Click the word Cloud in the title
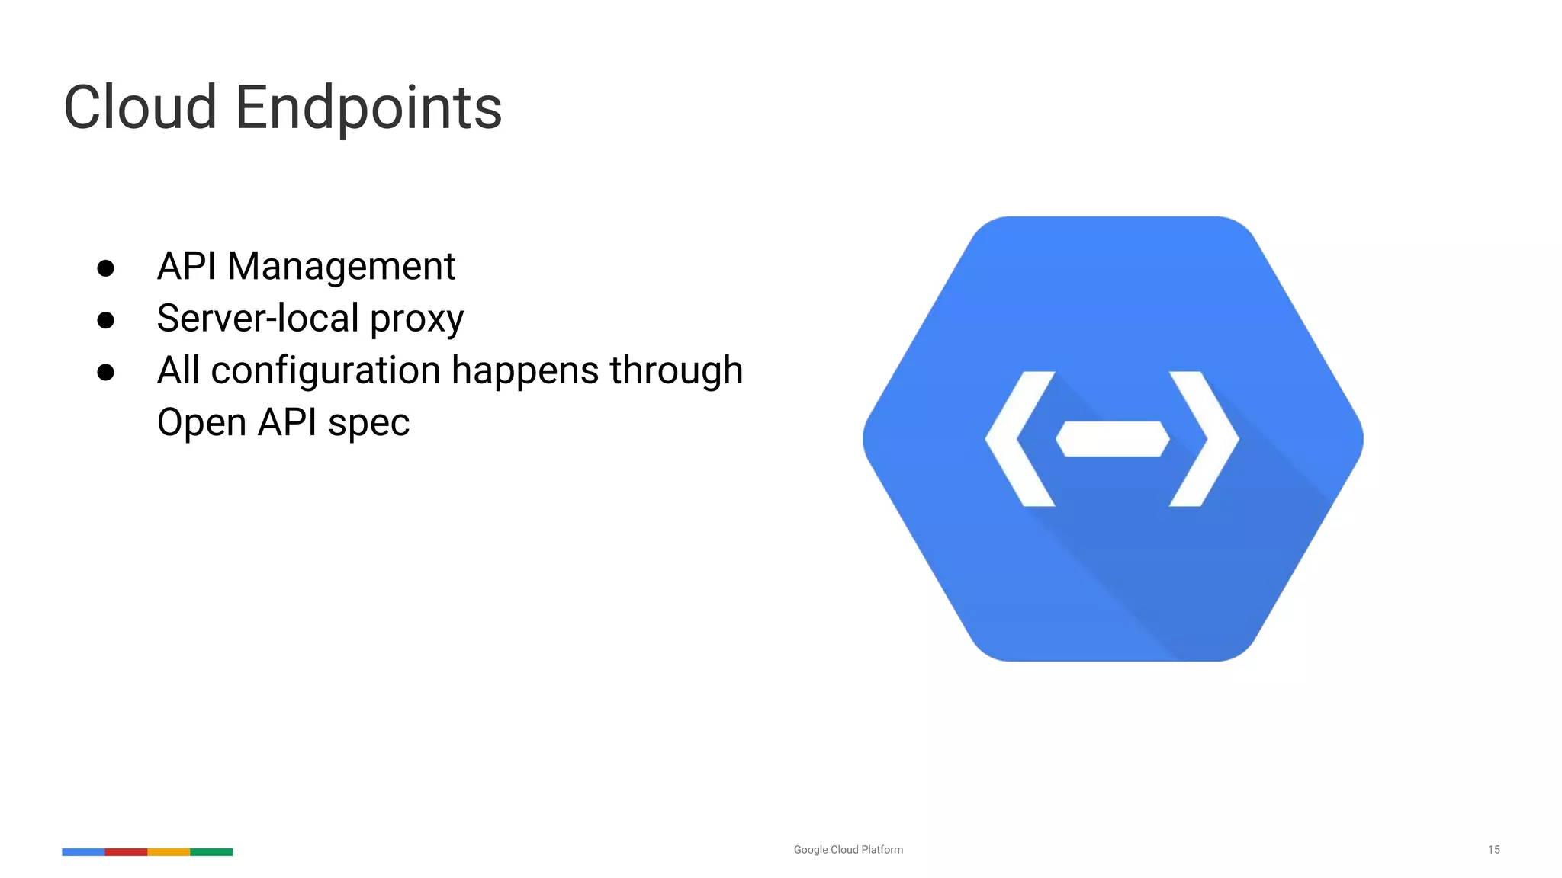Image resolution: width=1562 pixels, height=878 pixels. (x=140, y=107)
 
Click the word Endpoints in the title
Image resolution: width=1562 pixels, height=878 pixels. (x=368, y=109)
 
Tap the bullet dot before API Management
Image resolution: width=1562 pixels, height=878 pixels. (x=106, y=268)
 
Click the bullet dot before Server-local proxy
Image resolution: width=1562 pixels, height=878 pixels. (x=106, y=320)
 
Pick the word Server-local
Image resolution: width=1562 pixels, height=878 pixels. (x=257, y=318)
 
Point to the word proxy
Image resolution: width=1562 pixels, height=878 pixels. (x=416, y=320)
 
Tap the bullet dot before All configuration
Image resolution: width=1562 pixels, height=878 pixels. (x=106, y=372)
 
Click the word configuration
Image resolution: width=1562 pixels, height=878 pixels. (x=326, y=371)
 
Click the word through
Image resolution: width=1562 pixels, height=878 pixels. (x=676, y=371)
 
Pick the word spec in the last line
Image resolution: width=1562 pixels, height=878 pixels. (x=368, y=424)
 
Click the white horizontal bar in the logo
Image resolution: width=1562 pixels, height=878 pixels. (x=1112, y=439)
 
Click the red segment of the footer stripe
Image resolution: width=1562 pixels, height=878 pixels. (x=126, y=851)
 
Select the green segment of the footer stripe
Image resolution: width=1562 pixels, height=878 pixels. (x=211, y=851)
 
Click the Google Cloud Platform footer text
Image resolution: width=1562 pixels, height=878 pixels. (x=848, y=849)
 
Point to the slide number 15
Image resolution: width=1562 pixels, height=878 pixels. (x=1493, y=849)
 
